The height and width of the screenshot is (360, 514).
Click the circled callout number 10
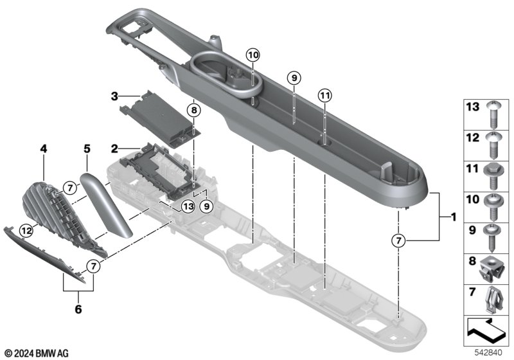252,55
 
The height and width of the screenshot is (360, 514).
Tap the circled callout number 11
325,95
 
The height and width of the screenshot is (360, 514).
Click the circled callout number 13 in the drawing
187,206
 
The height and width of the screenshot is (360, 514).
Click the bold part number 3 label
114,96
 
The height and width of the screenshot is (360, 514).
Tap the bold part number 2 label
114,148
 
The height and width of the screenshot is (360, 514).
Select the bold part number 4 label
44,148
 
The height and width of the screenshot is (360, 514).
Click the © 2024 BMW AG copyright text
36,352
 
